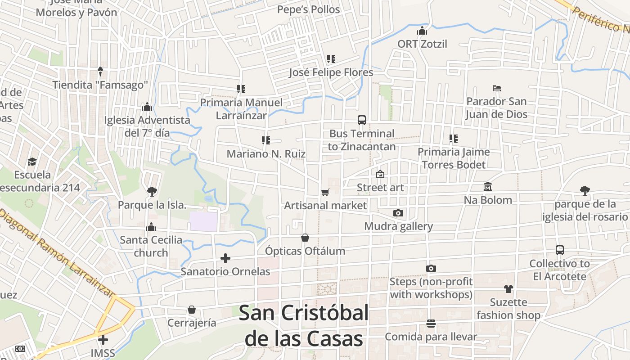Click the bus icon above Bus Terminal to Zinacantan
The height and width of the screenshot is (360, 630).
362,120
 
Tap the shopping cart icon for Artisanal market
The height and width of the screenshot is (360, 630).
325,193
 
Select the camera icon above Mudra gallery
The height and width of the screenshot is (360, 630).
398,213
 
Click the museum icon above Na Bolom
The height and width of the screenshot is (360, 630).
488,186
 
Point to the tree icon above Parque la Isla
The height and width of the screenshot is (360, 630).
152,192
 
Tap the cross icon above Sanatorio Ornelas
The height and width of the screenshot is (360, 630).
225,258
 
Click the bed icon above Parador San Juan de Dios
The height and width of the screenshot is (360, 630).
497,88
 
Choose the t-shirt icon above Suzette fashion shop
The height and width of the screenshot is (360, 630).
508,288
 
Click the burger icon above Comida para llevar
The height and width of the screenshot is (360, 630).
431,323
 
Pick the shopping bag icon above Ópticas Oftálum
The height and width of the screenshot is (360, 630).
305,237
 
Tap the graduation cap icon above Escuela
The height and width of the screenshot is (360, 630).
32,162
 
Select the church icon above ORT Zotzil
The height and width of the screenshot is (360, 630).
422,31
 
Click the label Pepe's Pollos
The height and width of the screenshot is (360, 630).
308,9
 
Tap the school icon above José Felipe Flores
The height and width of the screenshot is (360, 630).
331,59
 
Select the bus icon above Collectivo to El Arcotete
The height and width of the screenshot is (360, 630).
560,250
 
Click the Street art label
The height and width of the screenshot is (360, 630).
381,187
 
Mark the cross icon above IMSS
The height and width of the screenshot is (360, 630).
103,339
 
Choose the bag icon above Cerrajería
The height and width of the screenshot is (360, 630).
192,310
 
